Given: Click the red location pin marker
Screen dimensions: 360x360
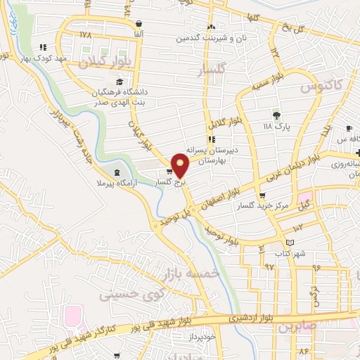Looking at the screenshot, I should [181, 164].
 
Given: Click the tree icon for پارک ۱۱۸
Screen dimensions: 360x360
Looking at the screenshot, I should [276, 115].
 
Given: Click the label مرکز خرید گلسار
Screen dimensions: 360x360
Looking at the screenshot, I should [262, 205].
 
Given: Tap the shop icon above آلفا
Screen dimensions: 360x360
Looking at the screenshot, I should [139, 23].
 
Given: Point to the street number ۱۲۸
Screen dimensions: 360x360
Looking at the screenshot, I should [86, 34].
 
